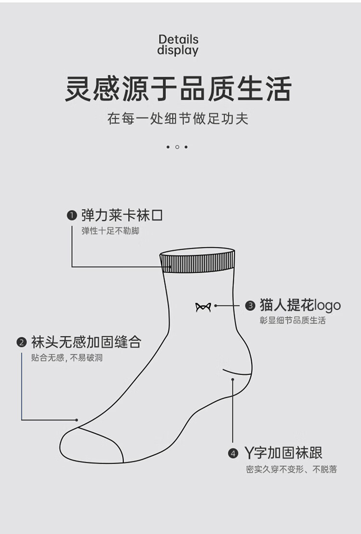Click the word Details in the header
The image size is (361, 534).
[178, 39]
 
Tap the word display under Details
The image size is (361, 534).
[178, 50]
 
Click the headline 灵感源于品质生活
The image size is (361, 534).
[178, 89]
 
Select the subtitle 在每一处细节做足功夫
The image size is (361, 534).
[178, 118]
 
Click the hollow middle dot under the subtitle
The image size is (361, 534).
[177, 147]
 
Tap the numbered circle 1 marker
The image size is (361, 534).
[72, 216]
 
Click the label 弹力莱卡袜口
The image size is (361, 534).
[122, 215]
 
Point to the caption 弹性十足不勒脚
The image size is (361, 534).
[110, 231]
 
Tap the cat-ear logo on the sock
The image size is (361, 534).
[203, 307]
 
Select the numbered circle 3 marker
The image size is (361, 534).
[250, 305]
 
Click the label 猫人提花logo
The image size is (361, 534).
[300, 305]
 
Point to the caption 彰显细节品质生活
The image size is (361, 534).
[293, 320]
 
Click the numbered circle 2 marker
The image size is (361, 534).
[22, 342]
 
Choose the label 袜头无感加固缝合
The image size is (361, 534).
[86, 342]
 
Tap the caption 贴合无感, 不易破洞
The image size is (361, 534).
[67, 357]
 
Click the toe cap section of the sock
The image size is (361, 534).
[91, 446]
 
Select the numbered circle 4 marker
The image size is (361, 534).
[233, 453]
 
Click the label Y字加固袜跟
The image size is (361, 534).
[284, 453]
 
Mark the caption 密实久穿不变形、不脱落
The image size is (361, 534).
[291, 469]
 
